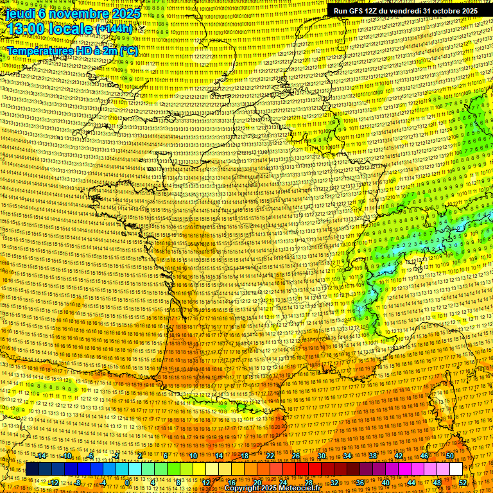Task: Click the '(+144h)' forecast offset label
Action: pyautogui.click(x=114, y=29)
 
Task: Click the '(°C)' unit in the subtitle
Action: pyautogui.click(x=128, y=51)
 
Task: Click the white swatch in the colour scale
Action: pyautogui.click(x=456, y=469)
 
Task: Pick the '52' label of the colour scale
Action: pyautogui.click(x=463, y=483)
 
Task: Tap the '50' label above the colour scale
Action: pyautogui.click(x=450, y=456)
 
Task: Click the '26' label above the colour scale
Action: pyautogui.click(x=296, y=456)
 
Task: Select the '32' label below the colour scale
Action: pyautogui.click(x=334, y=483)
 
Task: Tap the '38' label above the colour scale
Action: pyautogui.click(x=373, y=456)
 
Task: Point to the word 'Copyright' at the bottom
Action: pyautogui.click(x=244, y=489)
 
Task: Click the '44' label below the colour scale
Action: pyautogui.click(x=411, y=483)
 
